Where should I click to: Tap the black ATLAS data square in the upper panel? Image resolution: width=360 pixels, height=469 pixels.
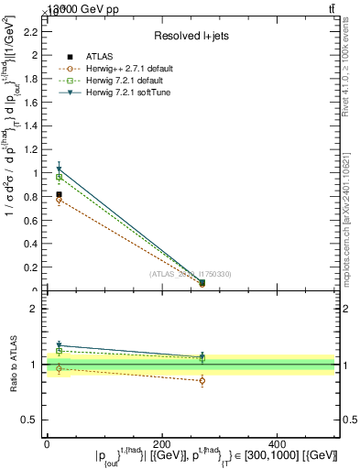59,194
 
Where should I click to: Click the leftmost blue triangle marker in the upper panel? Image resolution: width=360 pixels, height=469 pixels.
59,169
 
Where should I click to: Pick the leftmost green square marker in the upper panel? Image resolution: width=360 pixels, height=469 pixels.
59,177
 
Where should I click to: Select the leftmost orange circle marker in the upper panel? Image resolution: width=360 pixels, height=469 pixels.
59,200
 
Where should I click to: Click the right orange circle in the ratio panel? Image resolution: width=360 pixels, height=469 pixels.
202,380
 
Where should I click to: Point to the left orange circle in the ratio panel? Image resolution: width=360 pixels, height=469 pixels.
59,368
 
